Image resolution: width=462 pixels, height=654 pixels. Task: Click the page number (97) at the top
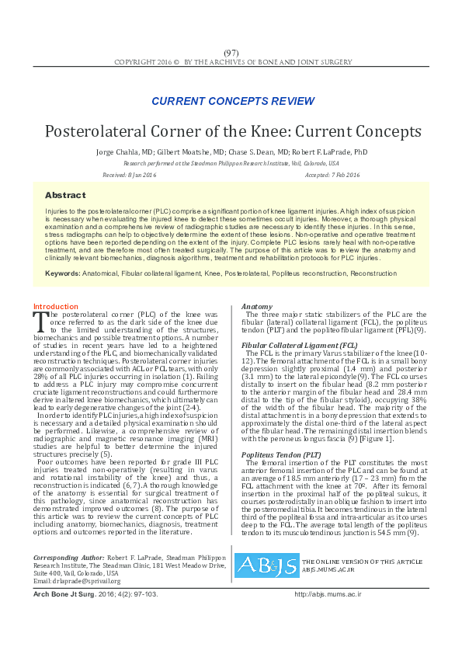(x=231, y=51)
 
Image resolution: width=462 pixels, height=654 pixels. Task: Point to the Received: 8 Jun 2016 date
(x=129, y=176)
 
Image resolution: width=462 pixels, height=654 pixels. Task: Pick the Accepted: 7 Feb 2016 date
(x=332, y=176)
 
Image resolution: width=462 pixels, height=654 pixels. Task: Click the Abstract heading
(x=65, y=195)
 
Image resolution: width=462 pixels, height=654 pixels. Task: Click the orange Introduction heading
(x=55, y=307)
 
